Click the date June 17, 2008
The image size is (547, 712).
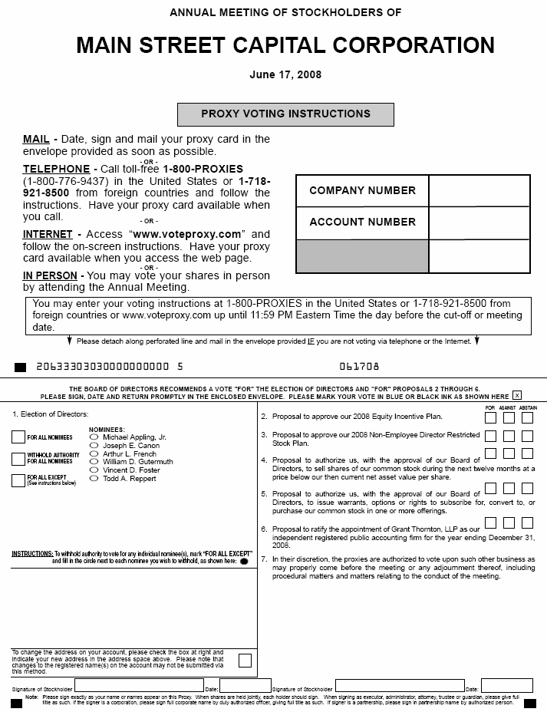pyautogui.click(x=285, y=74)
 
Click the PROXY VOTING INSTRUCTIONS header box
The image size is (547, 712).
pyautogui.click(x=285, y=114)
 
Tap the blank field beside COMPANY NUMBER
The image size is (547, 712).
pyautogui.click(x=479, y=191)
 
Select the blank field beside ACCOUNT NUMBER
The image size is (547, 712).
pyautogui.click(x=479, y=222)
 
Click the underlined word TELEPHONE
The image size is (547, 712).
pyautogui.click(x=56, y=169)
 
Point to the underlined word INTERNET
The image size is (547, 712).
pyautogui.click(x=48, y=234)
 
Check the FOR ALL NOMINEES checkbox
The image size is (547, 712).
pyautogui.click(x=18, y=437)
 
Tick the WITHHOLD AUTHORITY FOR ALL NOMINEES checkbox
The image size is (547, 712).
pyautogui.click(x=18, y=459)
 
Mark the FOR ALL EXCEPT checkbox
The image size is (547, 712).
pyautogui.click(x=18, y=481)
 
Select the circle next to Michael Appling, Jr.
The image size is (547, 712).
pyautogui.click(x=94, y=437)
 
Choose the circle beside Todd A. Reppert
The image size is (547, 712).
pyautogui.click(x=94, y=479)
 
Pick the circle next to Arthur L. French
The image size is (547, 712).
pyautogui.click(x=94, y=453)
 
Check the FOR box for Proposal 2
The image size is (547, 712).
pyautogui.click(x=490, y=418)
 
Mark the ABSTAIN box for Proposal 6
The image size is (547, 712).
pyautogui.click(x=527, y=523)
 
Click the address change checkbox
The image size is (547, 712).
pyautogui.click(x=245, y=660)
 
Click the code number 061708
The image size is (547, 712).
pyautogui.click(x=359, y=367)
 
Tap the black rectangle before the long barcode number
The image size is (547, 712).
pyautogui.click(x=20, y=367)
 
